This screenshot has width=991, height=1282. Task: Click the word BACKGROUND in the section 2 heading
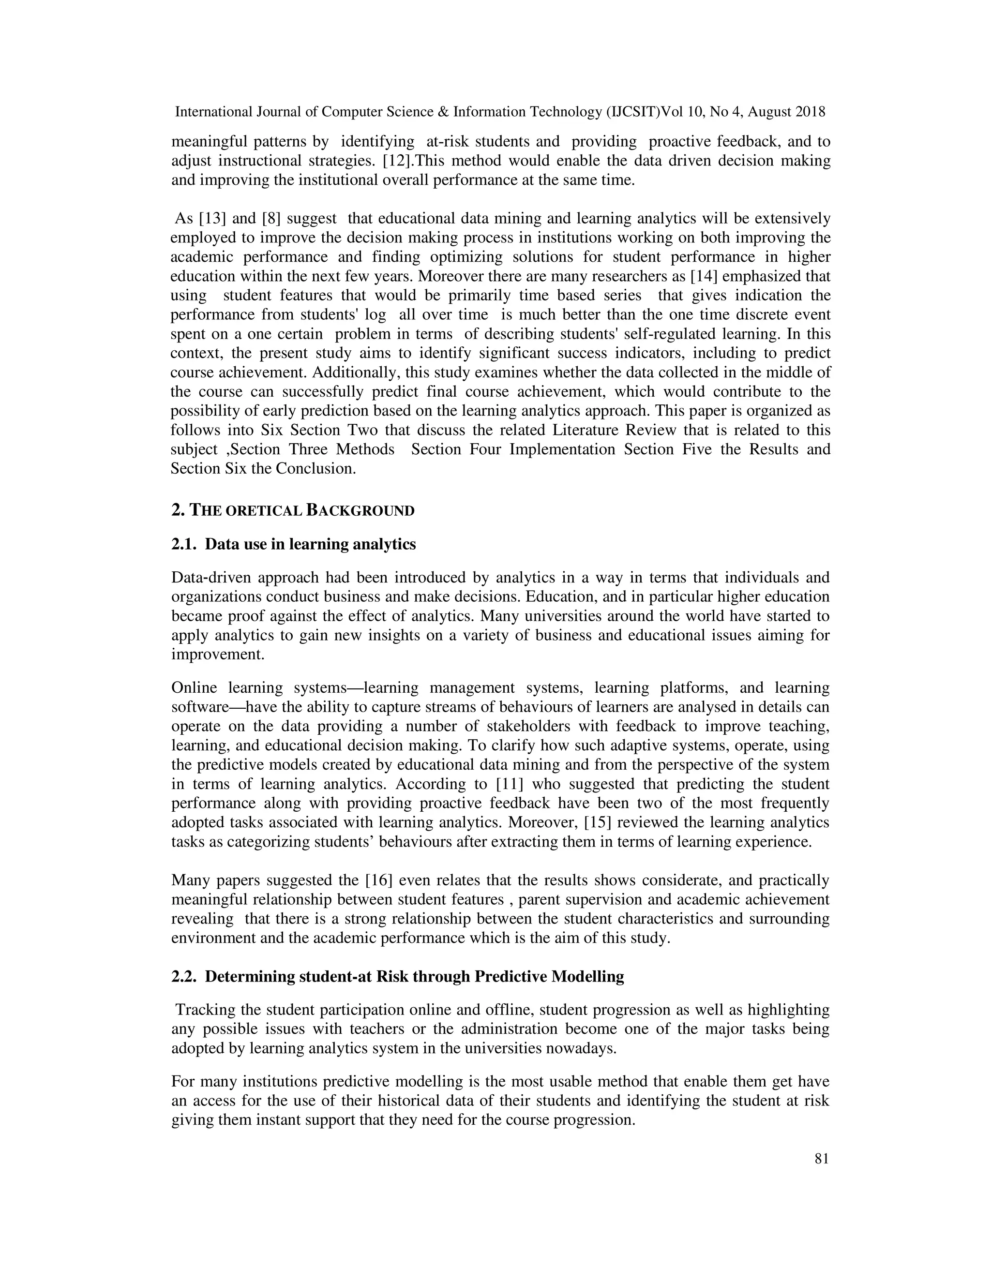tap(360, 511)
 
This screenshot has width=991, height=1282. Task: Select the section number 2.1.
tap(183, 544)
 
